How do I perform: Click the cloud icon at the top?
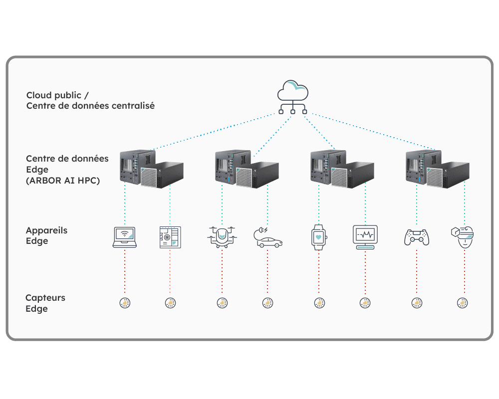tap(293, 97)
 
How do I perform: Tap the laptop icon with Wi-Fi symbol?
tap(125, 237)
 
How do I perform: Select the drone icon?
tap(222, 237)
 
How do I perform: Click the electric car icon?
tap(267, 237)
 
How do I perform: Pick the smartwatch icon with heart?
tap(319, 237)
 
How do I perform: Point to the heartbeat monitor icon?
tap(365, 237)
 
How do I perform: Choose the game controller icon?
tap(417, 237)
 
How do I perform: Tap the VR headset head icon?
tap(463, 237)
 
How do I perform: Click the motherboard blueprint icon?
tap(170, 237)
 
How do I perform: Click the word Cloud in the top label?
tap(38, 95)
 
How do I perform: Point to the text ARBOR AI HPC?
tap(63, 181)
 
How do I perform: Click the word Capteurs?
tap(45, 298)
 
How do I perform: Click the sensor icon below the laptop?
tap(125, 303)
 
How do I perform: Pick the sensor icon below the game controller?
tap(417, 303)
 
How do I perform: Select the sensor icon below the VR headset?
tap(463, 303)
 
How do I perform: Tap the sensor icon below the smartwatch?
tap(319, 303)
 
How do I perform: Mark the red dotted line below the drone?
tap(222, 271)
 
